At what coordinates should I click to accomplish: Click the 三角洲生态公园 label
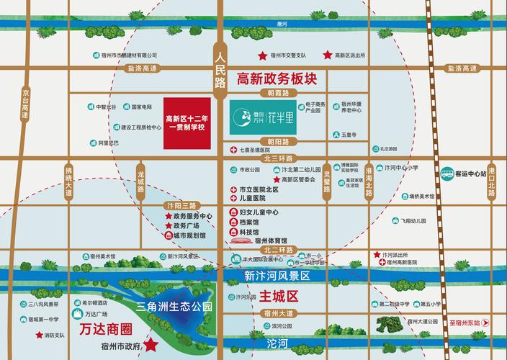tap(175, 307)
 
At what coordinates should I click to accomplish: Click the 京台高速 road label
tap(26, 105)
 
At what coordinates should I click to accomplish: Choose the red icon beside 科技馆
tap(233, 232)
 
